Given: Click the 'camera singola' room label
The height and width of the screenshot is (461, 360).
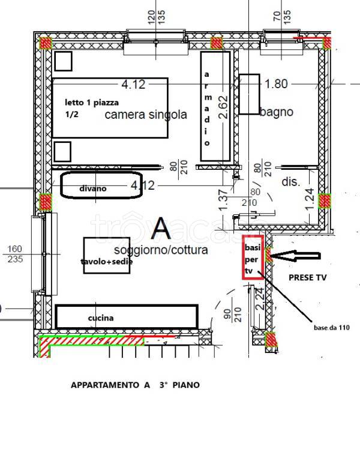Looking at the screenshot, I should coord(146,114).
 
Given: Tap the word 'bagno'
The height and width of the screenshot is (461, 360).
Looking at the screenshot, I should coord(277,111).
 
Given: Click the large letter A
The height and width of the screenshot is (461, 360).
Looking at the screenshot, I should coord(160,227).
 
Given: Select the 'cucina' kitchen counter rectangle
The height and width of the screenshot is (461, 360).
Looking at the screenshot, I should coord(127,317).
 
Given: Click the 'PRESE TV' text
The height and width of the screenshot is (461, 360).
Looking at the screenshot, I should coord(308,279).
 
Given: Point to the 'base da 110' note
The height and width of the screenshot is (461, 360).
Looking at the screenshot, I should coord(331,327).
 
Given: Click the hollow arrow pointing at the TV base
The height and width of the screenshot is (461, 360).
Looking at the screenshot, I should coord(293,256).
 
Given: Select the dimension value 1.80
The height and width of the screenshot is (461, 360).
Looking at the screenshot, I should coord(276,84).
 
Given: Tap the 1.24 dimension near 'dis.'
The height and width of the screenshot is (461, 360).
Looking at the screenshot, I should coord(310,199).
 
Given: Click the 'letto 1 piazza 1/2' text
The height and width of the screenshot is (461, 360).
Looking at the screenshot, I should coord(92,108).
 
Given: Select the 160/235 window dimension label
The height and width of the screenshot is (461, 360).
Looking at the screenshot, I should coord(14,254).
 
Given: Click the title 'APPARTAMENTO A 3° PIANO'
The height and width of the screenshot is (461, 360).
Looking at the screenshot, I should coord(135,385).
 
